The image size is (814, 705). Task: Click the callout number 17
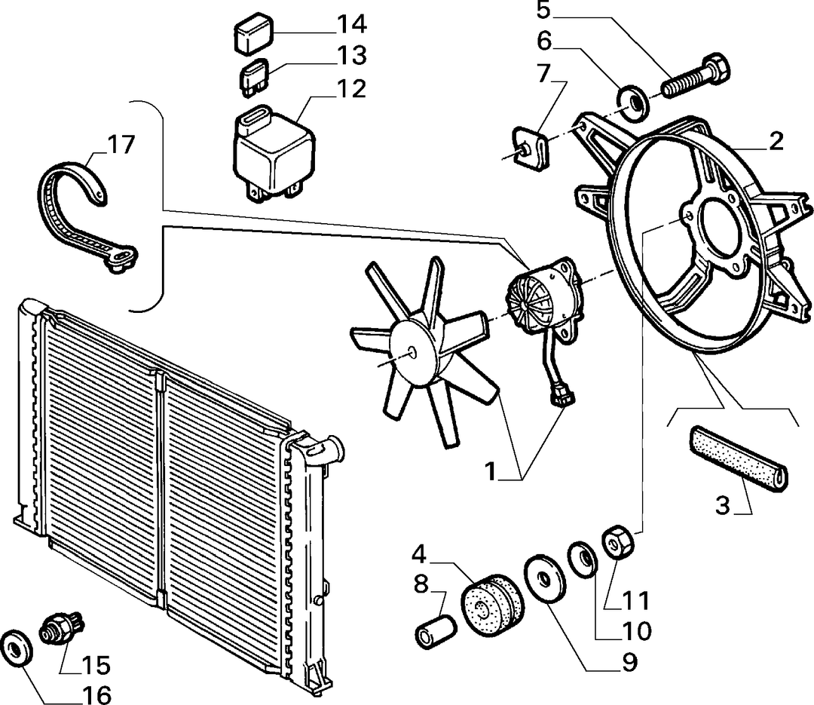(121, 145)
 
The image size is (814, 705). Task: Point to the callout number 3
(723, 505)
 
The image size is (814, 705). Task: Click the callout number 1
(491, 471)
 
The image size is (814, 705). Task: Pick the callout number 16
(96, 694)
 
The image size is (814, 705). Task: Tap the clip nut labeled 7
(531, 149)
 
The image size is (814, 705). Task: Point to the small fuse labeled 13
(255, 78)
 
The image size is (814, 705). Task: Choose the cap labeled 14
(252, 35)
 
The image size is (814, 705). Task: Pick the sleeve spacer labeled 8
(436, 633)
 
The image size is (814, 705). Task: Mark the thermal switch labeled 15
(62, 625)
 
